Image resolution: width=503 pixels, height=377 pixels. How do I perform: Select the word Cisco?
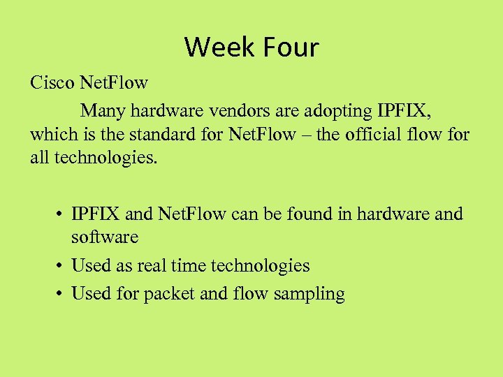[52, 83]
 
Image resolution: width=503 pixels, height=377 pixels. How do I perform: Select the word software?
[105, 237]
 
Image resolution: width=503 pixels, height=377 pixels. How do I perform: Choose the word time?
[189, 265]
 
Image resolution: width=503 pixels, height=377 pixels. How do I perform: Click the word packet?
[169, 294]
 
